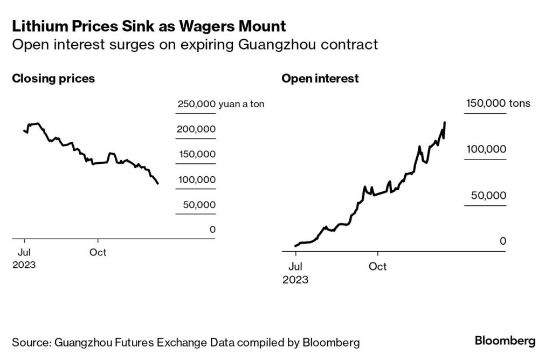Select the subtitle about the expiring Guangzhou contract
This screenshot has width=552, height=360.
coord(195,44)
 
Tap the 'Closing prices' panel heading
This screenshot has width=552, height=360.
coord(53,78)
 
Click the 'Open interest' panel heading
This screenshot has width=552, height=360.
coord(320,78)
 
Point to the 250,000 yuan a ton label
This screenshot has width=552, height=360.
coord(220,104)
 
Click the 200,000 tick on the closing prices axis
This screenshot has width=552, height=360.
coord(196,129)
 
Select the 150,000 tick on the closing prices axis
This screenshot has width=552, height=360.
coord(196,155)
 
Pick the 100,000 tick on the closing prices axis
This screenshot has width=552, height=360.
coord(196,179)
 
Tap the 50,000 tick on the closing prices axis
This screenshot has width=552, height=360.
coord(199,205)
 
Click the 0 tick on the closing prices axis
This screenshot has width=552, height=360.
coord(212,230)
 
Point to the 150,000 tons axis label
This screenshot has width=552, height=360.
coord(498,103)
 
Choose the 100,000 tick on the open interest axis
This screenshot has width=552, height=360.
coord(486,149)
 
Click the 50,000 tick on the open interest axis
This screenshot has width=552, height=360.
coord(489,195)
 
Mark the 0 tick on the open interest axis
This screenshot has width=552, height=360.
coord(502,241)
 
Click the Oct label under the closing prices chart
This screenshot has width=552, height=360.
coord(98,252)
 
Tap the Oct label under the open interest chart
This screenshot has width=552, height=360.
coord(378,267)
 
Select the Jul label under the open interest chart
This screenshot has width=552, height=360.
coord(295,267)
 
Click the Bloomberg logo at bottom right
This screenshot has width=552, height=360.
coord(505,341)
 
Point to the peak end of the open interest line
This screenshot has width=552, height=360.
coord(445,123)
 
